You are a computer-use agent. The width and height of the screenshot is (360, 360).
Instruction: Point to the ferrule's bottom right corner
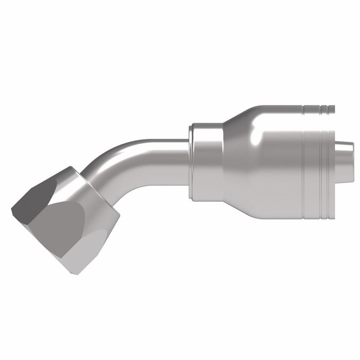[x=334, y=206]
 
